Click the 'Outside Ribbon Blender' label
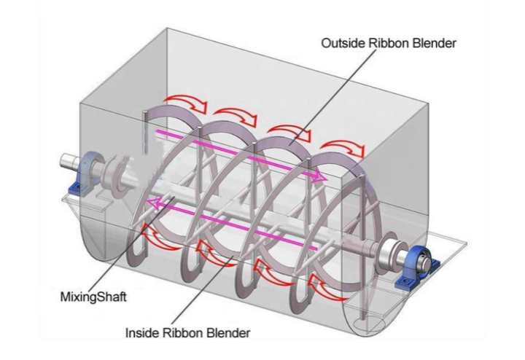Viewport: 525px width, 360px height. point(389,43)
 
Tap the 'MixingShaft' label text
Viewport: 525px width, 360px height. point(85,298)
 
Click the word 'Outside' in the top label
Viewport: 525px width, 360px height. point(341,43)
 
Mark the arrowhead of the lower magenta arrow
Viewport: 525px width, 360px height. point(151,202)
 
